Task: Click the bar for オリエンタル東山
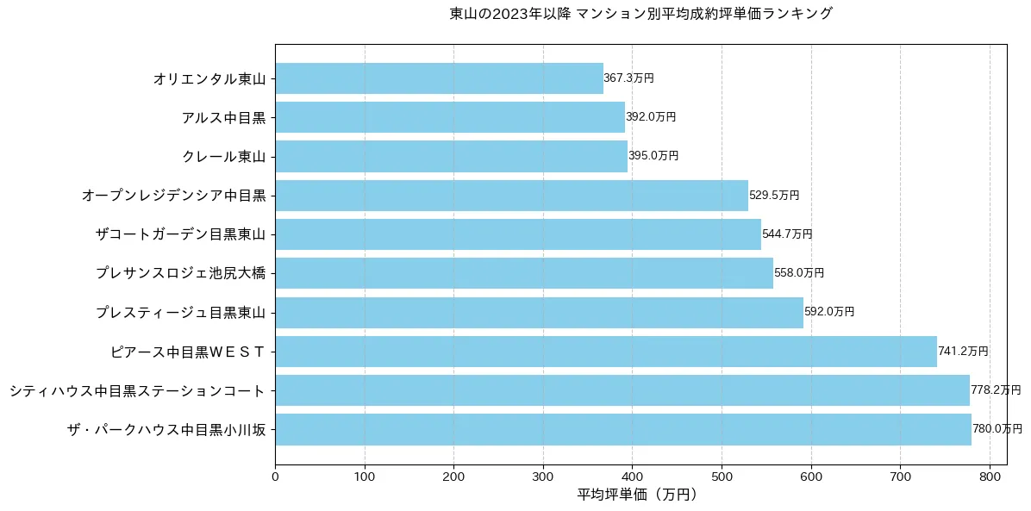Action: (x=439, y=78)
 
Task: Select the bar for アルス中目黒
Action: (x=450, y=117)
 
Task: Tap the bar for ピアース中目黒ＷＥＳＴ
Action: (x=606, y=352)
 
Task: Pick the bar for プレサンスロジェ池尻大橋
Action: (x=524, y=273)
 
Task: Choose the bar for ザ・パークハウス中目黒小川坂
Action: (x=623, y=429)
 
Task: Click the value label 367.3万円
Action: (x=628, y=78)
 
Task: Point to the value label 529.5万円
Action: (x=774, y=196)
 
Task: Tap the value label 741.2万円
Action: (x=963, y=352)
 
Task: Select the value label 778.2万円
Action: (x=996, y=390)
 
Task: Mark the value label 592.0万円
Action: (x=829, y=312)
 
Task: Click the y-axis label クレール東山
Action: (x=223, y=157)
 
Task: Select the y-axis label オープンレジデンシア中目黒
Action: (x=173, y=196)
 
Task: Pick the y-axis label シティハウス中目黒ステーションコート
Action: (x=137, y=390)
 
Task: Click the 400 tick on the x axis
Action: (x=632, y=475)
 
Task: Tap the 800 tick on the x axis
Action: (x=990, y=475)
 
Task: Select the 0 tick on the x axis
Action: (x=275, y=475)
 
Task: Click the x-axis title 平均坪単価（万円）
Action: (x=636, y=495)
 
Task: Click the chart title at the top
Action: (x=640, y=14)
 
